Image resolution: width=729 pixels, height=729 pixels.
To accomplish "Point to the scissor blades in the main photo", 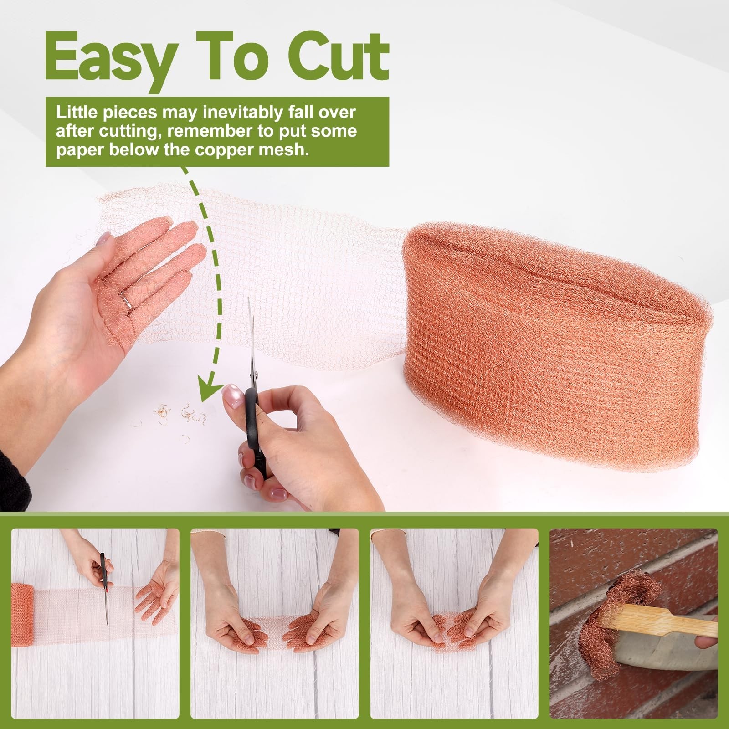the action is point(251,342).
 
